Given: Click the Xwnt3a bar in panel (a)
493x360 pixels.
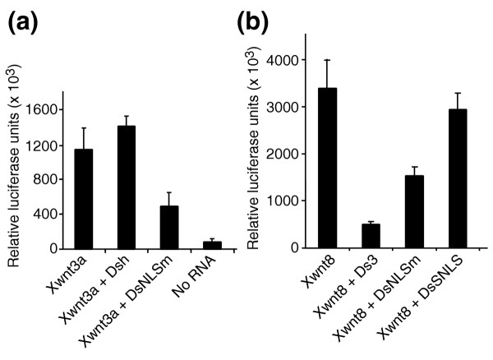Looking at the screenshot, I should coord(83,198).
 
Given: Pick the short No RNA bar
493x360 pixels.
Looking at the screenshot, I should coord(212,244).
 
